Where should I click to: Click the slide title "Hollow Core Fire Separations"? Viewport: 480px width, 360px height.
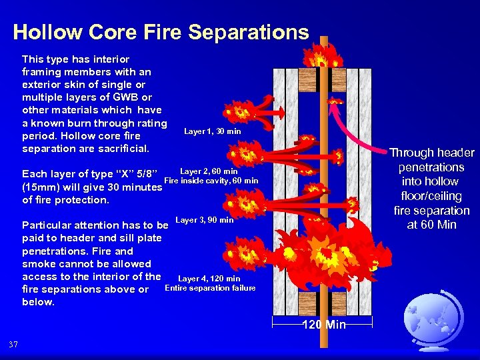161,32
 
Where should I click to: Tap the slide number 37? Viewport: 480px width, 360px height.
14,344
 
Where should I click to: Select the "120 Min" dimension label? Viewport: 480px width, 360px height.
324,325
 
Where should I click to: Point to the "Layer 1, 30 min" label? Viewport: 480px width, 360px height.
213,131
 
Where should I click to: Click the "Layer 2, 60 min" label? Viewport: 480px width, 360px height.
209,171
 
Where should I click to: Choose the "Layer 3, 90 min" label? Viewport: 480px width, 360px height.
204,220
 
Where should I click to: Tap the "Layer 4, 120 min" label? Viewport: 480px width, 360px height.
209,279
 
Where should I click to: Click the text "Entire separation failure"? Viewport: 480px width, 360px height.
210,288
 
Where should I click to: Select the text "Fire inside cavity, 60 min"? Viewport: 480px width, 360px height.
211,181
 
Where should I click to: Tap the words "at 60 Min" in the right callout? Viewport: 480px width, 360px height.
432,225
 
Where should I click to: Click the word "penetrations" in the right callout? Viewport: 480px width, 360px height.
432,167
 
